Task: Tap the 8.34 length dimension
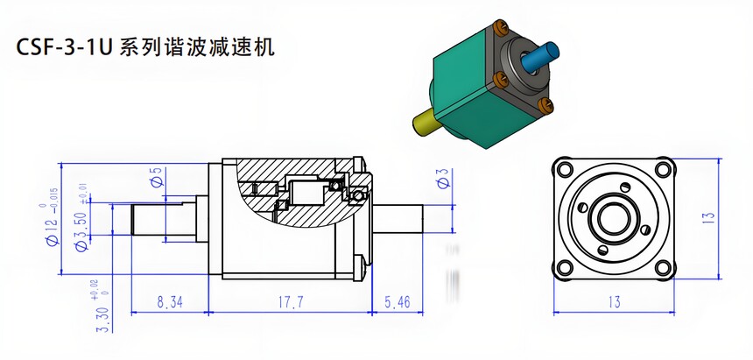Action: coord(168,302)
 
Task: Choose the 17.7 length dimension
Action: coord(287,302)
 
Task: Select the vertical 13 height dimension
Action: coord(708,214)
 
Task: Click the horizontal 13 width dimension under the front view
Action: coord(613,302)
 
